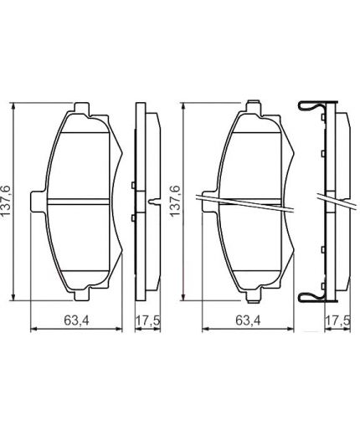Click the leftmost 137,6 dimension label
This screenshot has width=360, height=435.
8,201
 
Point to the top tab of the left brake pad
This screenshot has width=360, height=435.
81,110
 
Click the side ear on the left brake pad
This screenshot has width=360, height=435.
36,201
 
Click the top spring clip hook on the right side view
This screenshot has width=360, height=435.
308,107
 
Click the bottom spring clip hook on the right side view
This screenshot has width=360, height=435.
308,294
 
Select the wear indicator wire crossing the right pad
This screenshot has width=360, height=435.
243,202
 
